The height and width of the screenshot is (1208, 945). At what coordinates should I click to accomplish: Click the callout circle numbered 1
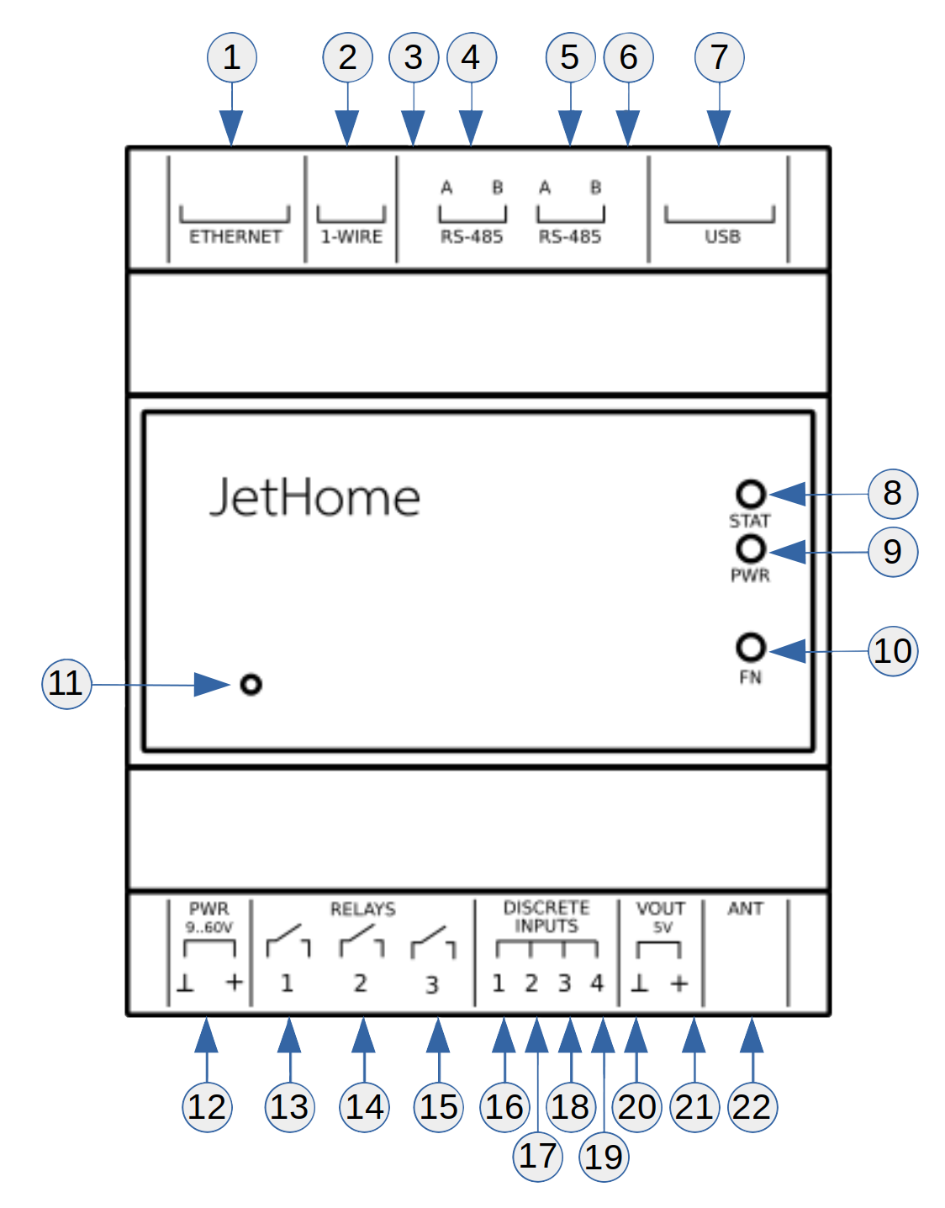[x=231, y=57]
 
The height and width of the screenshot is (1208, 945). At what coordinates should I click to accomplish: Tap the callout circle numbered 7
[x=719, y=57]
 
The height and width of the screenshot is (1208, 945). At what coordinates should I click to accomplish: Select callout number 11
[x=66, y=683]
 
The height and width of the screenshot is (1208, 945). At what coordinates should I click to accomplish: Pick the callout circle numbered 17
[x=537, y=1156]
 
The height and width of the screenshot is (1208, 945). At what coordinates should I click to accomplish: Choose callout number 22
[x=752, y=1106]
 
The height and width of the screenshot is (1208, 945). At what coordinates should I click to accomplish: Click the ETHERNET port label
[x=235, y=236]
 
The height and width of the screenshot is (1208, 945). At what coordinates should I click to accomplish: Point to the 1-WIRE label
[x=351, y=236]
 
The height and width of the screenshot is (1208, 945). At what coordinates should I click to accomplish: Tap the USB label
[x=722, y=236]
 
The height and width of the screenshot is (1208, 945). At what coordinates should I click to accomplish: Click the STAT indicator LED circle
[x=751, y=494]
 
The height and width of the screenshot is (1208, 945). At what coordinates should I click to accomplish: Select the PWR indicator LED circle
[x=751, y=549]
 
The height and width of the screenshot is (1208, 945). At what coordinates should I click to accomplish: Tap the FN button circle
[x=751, y=648]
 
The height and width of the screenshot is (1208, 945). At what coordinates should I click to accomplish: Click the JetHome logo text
[x=314, y=497]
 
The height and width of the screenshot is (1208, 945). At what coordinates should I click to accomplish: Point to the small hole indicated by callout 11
[x=251, y=685]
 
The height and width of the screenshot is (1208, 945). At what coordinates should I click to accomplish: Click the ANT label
[x=745, y=909]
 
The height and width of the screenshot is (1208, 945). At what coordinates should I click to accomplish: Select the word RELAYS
[x=362, y=909]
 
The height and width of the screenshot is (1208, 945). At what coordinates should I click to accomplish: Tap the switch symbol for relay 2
[x=362, y=941]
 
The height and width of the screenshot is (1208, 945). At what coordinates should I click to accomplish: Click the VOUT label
[x=661, y=909]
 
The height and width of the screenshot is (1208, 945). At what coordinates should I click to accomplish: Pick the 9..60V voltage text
[x=209, y=927]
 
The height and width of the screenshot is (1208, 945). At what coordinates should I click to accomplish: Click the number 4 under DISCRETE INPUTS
[x=597, y=983]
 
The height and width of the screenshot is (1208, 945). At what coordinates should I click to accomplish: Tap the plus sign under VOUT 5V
[x=679, y=983]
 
